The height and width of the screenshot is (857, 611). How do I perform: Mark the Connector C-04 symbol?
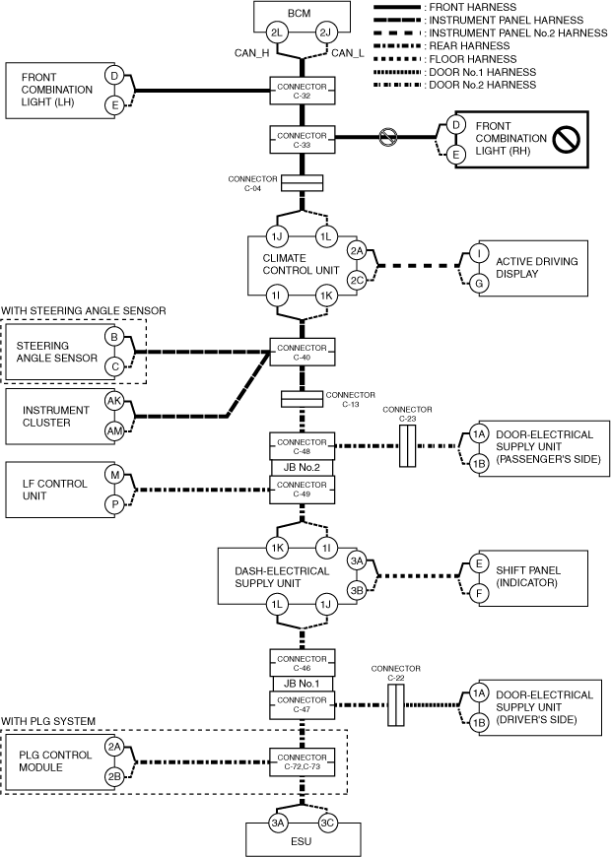coord(303,183)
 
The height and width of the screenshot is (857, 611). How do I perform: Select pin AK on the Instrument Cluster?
coord(115,402)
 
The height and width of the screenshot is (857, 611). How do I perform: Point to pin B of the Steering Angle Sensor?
coord(114,338)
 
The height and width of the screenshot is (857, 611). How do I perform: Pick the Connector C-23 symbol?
coord(408,447)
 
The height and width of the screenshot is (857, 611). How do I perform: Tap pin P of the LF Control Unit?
coord(115,503)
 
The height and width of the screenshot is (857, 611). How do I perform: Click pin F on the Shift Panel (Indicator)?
coord(480,595)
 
